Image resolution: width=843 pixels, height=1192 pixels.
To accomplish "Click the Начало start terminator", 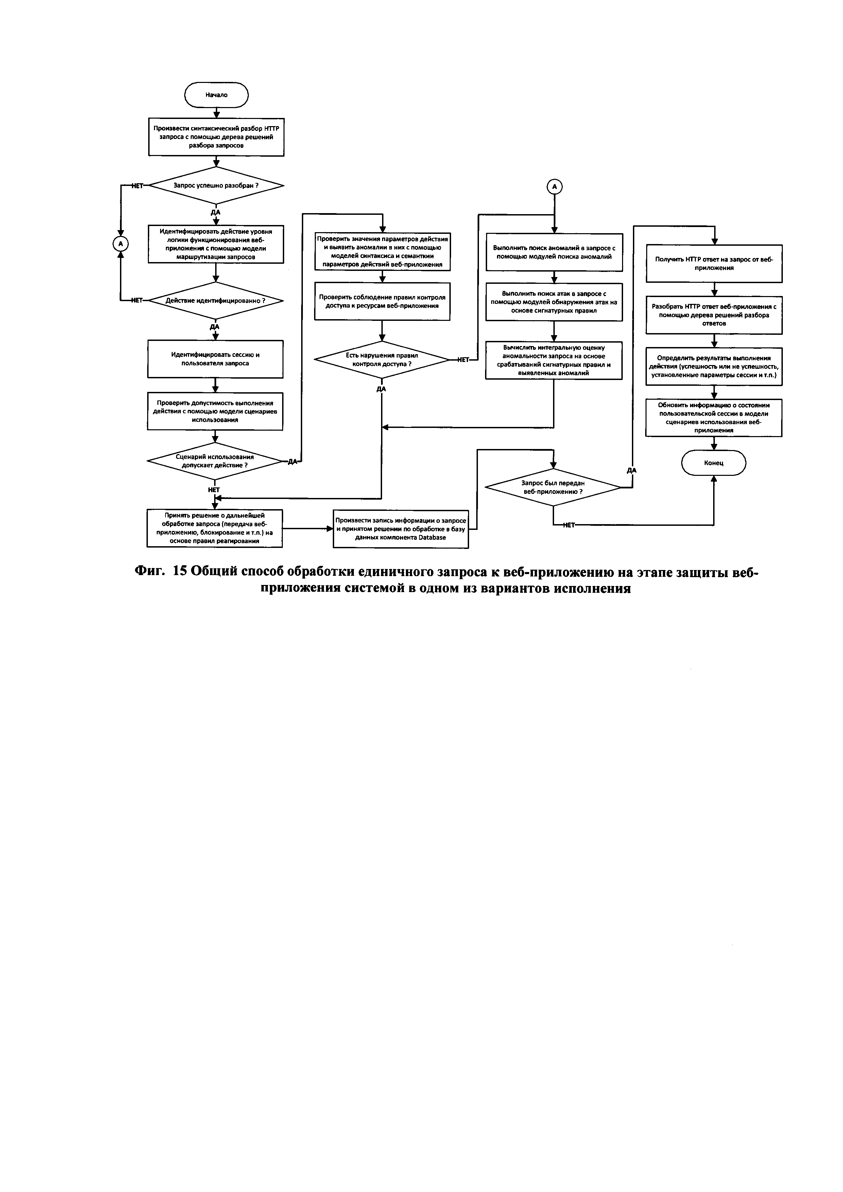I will coord(217,95).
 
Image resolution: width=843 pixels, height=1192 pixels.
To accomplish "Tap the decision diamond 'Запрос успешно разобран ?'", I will coord(216,185).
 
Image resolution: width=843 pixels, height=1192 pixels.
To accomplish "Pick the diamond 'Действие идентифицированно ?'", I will coord(216,300).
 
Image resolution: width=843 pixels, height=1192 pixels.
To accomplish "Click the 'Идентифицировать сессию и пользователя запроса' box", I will coord(216,359).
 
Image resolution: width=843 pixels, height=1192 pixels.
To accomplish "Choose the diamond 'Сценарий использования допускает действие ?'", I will coord(215,461).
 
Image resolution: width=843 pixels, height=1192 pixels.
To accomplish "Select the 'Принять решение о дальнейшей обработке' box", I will coord(214,528).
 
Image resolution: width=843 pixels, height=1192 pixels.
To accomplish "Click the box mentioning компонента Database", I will coord(401,529).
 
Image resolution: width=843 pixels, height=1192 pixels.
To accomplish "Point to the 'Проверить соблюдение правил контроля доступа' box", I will coord(382,301).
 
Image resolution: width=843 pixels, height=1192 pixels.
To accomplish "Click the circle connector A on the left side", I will coord(120,243).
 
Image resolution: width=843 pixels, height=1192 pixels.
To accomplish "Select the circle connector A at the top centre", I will coord(554,186).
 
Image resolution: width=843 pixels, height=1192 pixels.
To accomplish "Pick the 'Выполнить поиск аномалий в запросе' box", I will coord(554,252).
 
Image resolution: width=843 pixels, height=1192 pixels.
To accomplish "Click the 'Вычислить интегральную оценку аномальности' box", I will coord(554,360).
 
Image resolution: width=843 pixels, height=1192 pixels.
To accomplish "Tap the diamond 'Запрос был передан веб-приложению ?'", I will coord(553,487).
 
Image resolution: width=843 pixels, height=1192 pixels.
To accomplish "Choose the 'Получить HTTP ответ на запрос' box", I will coord(714,264).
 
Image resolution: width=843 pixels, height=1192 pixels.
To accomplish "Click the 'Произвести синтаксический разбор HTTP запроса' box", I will coord(216,137).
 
